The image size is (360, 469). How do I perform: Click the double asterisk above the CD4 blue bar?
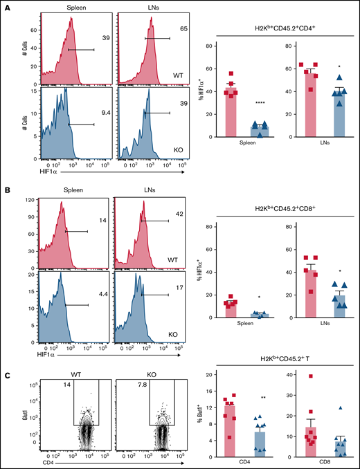255,399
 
